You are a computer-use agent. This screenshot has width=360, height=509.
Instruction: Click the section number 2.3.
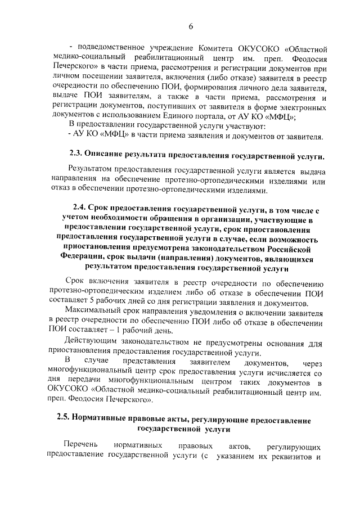pyautogui.click(x=76, y=155)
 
